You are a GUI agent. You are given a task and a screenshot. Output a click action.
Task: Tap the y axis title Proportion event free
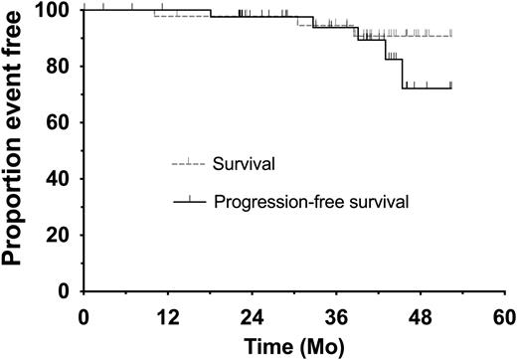18,149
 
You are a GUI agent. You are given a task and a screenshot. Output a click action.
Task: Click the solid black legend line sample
188,202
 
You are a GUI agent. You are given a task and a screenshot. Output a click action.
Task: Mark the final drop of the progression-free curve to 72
403,75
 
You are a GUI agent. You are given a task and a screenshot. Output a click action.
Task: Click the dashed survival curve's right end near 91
450,36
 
